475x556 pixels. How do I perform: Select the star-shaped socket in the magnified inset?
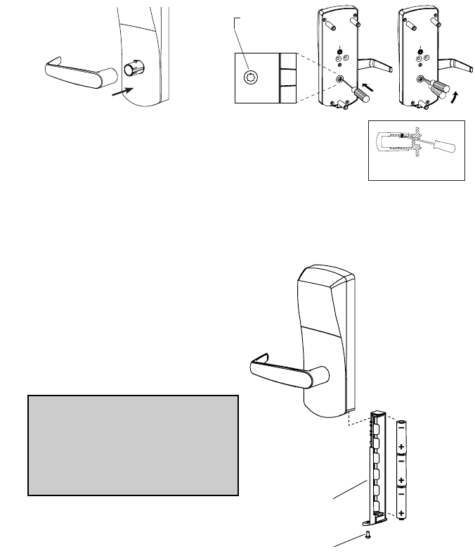[252, 77]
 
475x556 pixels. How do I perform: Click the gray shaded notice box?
[134, 446]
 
